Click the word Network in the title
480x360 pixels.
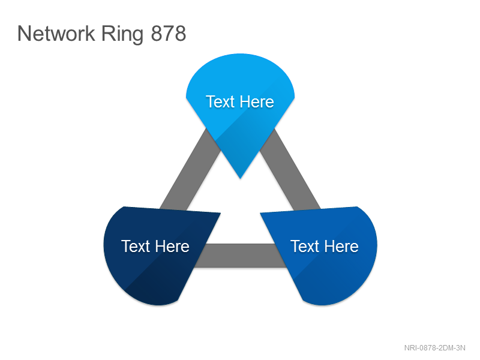pyautogui.click(x=56, y=34)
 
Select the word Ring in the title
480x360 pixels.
pyautogui.click(x=122, y=35)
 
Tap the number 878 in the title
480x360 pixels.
pyautogui.click(x=169, y=34)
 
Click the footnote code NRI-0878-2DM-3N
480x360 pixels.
pyautogui.click(x=434, y=348)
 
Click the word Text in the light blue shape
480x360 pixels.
pyautogui.click(x=220, y=101)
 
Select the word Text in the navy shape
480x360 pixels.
pyautogui.click(x=136, y=246)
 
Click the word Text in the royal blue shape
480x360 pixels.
pyautogui.click(x=305, y=246)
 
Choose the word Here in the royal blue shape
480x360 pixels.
pyautogui.click(x=341, y=246)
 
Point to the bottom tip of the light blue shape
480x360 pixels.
pyautogui.click(x=241, y=178)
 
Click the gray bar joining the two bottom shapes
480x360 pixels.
pyautogui.click(x=241, y=256)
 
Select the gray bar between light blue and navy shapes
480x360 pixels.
pyautogui.click(x=190, y=170)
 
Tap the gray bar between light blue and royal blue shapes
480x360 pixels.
pyautogui.click(x=290, y=170)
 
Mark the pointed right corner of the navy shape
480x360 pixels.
pyautogui.click(x=220, y=213)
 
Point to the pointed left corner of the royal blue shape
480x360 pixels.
pyautogui.click(x=260, y=213)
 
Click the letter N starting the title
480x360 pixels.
pyautogui.click(x=23, y=34)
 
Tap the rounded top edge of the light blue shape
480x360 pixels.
pyautogui.click(x=241, y=55)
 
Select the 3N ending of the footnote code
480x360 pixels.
pyautogui.click(x=461, y=348)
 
